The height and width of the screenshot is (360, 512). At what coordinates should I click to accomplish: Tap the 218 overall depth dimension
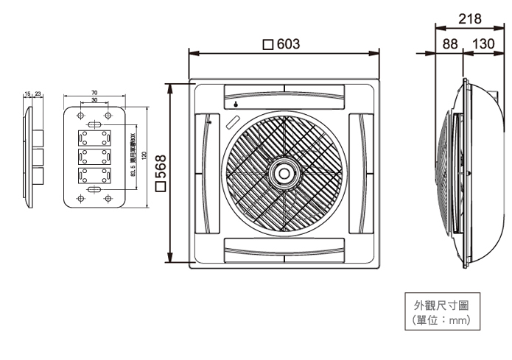[464, 17]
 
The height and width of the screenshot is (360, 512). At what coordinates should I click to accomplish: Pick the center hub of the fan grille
[283, 174]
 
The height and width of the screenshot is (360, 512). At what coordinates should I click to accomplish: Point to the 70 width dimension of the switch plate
[95, 93]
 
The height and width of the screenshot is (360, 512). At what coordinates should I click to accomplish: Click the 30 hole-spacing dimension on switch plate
[95, 99]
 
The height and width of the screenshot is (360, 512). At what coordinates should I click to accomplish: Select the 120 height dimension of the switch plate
[144, 157]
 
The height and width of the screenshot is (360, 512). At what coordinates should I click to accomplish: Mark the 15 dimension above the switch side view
[27, 94]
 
